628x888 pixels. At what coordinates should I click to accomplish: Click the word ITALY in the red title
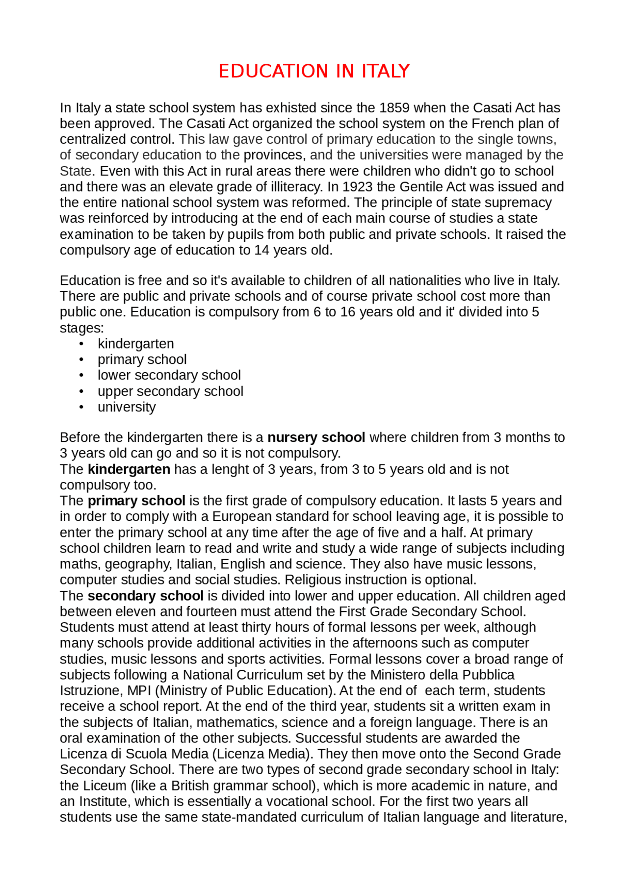[385, 72]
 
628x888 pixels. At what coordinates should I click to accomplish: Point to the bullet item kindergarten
[135, 344]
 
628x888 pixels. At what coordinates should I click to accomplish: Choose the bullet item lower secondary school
[169, 375]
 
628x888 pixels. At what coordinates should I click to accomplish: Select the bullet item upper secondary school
[170, 391]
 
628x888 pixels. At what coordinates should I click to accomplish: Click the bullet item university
[127, 407]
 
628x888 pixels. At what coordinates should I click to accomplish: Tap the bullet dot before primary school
[81, 359]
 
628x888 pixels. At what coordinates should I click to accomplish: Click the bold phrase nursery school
[316, 437]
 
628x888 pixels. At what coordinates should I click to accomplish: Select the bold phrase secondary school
[145, 596]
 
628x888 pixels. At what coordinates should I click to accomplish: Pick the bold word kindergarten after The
[129, 469]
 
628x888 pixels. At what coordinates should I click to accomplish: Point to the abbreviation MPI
[139, 690]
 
